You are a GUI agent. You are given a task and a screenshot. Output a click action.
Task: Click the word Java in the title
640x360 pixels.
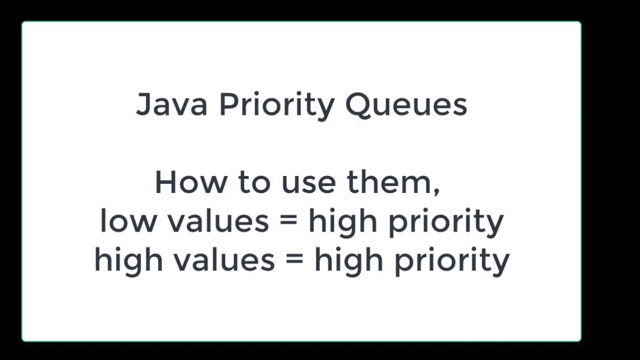[x=171, y=104]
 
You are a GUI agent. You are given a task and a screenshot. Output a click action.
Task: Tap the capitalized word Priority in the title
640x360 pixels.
[x=276, y=105]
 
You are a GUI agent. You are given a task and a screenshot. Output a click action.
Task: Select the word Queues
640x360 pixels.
[x=406, y=105]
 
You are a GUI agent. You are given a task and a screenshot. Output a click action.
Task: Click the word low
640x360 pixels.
[x=128, y=220]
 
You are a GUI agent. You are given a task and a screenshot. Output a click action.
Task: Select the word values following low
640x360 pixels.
[x=218, y=220]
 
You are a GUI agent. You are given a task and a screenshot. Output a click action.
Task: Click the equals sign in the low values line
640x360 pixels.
[x=288, y=220]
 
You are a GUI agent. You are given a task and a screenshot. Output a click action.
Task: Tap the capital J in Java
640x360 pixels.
[x=143, y=104]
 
